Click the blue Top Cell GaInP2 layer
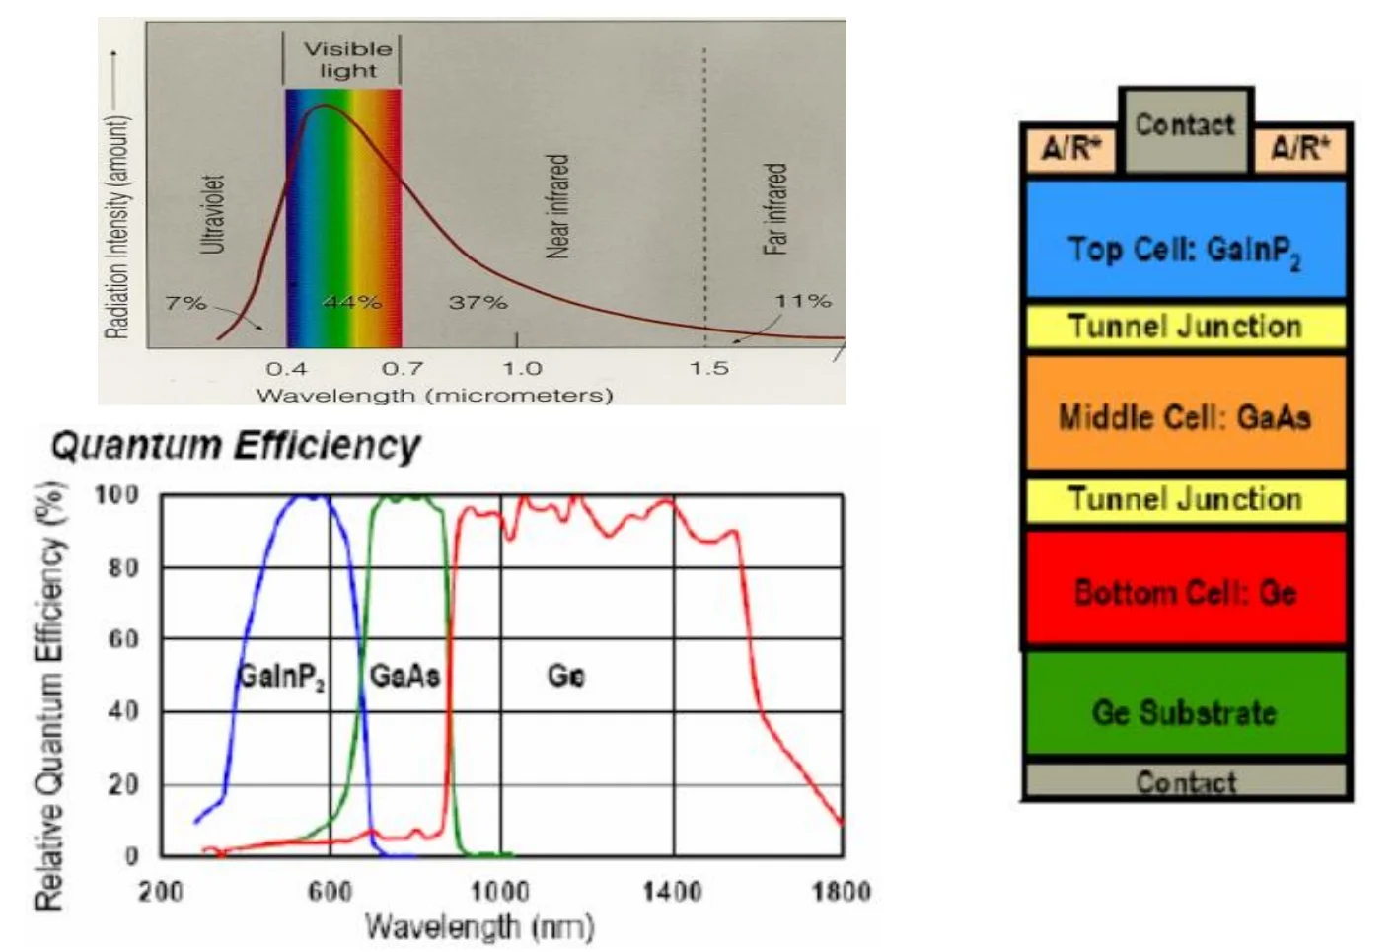click(x=1186, y=240)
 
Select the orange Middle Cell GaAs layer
click(x=1186, y=412)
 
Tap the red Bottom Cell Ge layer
click(x=1186, y=587)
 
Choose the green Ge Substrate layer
click(x=1186, y=702)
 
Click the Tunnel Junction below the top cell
click(x=1186, y=327)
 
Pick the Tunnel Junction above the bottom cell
click(x=1186, y=500)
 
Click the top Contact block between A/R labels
click(x=1186, y=130)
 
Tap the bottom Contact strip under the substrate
click(x=1186, y=780)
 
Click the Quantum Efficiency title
click(x=237, y=446)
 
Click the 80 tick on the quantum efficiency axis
click(x=123, y=567)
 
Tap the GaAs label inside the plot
click(x=404, y=676)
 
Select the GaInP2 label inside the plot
click(x=281, y=677)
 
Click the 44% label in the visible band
click(x=352, y=302)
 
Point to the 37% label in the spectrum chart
click(x=478, y=303)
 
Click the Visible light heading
click(x=348, y=60)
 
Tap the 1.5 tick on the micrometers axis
click(x=709, y=368)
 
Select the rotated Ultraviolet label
click(x=213, y=214)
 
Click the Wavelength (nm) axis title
click(x=479, y=926)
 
